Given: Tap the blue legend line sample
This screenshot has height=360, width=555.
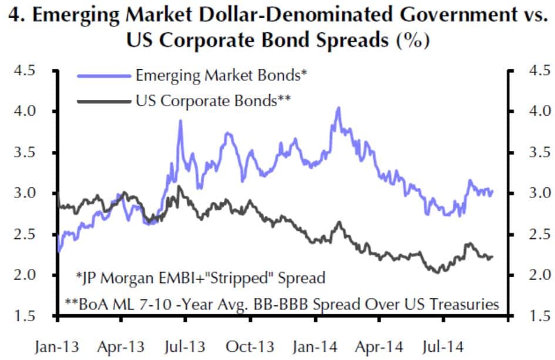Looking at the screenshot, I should click(103, 76).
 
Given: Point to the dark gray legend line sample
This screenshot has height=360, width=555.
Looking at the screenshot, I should click(103, 101).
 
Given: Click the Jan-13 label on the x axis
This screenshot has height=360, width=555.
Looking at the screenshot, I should click(57, 346).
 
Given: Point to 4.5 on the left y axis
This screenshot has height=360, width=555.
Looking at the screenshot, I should click(28, 70).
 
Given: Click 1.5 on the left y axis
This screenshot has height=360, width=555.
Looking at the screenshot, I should click(28, 317).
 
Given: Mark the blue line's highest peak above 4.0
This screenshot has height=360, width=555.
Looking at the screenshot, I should click(338, 107).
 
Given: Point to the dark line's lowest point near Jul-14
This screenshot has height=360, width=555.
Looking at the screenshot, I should click(436, 272).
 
